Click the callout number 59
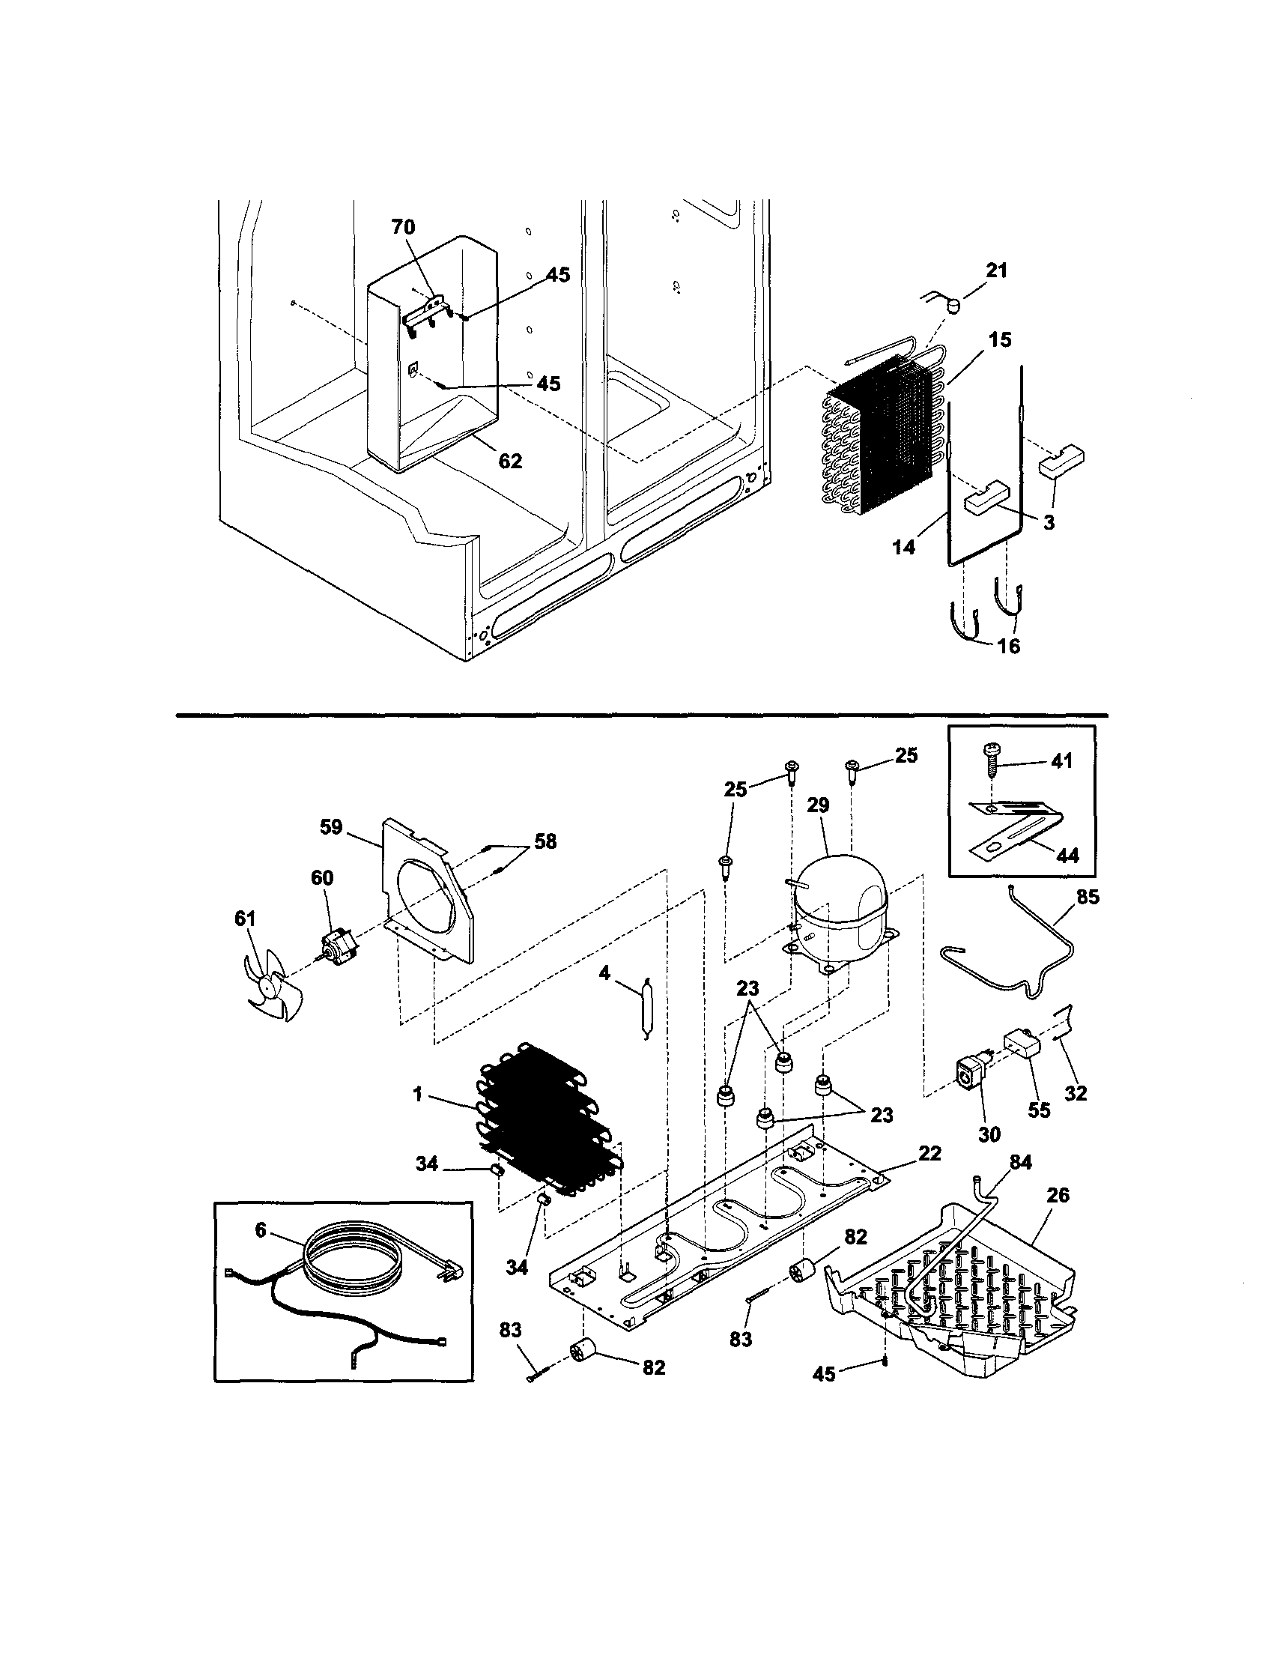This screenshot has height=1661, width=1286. click(331, 826)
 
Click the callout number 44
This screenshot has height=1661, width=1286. click(1068, 856)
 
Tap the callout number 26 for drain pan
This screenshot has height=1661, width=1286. click(1058, 1196)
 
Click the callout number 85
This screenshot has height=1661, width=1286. click(1088, 898)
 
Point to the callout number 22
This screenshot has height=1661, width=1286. click(929, 1153)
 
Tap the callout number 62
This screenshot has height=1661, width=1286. click(511, 461)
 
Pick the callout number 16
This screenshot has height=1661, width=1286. click(1008, 646)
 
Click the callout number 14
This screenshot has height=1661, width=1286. click(903, 546)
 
